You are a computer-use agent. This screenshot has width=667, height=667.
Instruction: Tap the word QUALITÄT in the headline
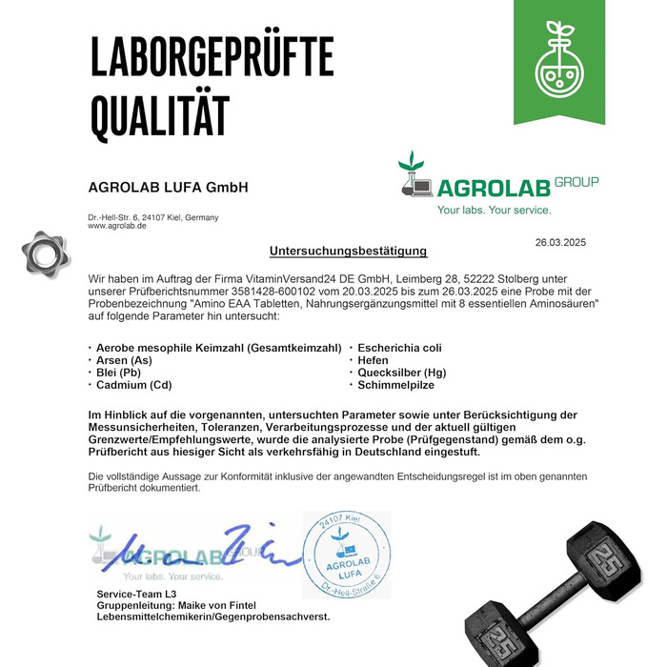pos(160,115)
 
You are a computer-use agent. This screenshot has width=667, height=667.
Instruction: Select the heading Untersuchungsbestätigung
pos(349,252)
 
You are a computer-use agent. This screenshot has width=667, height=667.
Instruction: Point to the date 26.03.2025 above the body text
pos(567,242)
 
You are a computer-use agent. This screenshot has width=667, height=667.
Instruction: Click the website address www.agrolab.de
pos(117,226)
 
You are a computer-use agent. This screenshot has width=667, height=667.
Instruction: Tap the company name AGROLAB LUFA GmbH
pos(168,188)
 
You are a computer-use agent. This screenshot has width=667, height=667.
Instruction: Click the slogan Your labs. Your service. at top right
pos(494,210)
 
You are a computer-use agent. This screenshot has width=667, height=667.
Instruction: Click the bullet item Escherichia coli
pos(399,349)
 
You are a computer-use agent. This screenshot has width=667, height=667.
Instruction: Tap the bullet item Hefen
pos(373,361)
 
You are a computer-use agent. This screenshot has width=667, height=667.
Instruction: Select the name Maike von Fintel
pos(224,605)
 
